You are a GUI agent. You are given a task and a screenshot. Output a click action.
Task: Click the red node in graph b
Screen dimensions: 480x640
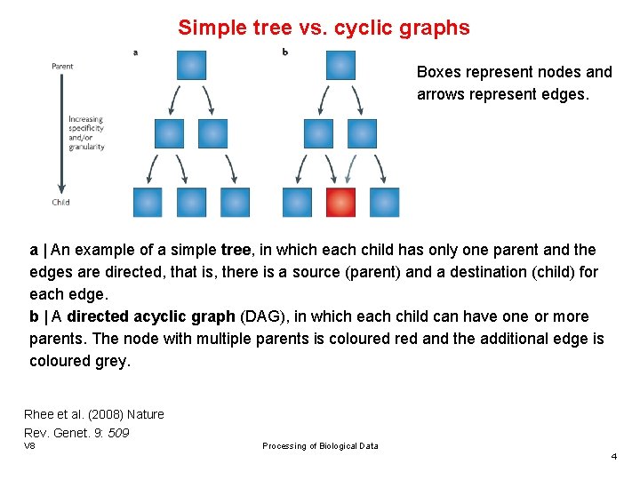tap(340, 202)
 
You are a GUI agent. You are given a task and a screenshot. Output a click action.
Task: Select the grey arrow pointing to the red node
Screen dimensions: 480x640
tap(353, 168)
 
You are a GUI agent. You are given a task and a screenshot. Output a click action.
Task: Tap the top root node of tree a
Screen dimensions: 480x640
tap(191, 65)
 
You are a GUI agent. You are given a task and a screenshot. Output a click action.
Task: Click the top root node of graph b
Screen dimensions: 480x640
tap(340, 65)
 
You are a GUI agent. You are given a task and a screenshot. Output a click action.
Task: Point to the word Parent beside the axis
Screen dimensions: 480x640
tap(62, 66)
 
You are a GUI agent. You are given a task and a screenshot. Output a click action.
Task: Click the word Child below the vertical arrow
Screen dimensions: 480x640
tap(60, 203)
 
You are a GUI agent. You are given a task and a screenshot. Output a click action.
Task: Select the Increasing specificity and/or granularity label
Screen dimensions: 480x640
tap(86, 133)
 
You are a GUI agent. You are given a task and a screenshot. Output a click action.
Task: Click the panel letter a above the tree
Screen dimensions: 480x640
tap(135, 52)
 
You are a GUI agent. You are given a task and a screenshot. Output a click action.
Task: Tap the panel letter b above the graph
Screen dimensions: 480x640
tap(284, 52)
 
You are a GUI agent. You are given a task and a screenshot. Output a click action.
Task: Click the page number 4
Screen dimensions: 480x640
tap(613, 456)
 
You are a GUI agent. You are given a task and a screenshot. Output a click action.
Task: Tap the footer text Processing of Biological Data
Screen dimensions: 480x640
tap(320, 446)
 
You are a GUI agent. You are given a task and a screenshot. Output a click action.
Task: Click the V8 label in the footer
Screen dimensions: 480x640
tap(29, 445)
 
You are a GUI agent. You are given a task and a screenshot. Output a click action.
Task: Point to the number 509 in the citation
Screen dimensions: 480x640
tap(118, 433)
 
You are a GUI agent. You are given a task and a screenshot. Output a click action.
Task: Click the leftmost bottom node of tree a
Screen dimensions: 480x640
tap(148, 202)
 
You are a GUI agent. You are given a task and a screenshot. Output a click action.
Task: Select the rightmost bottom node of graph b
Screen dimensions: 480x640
tap(384, 202)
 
